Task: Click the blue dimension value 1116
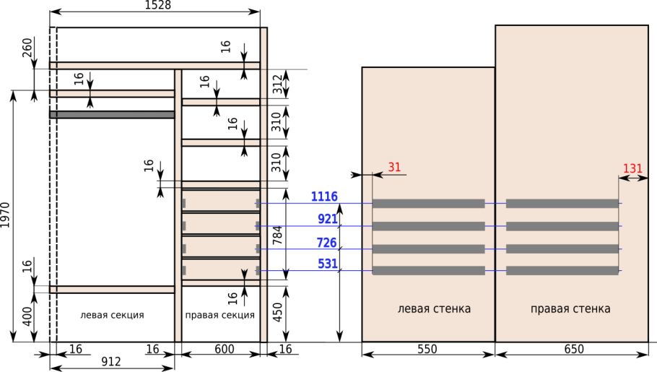coord(324,196)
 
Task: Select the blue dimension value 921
coord(327,219)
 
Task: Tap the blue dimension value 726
coord(326,242)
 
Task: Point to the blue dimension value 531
coord(328,264)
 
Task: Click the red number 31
coord(394,168)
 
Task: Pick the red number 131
coord(632,169)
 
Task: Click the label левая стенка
coord(434,309)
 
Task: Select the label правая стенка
coord(570,309)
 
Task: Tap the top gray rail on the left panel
coord(428,204)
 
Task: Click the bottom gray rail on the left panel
coord(428,271)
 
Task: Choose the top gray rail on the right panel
coord(562,204)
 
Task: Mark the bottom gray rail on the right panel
coord(562,271)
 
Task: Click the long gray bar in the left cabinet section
coord(113,114)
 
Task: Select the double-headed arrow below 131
coord(633,178)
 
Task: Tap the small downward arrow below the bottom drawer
coord(244,274)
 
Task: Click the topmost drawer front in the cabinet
coord(220,201)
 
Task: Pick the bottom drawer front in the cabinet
coord(220,269)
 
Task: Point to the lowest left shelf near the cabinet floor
coord(113,290)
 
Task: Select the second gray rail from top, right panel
coord(562,226)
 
